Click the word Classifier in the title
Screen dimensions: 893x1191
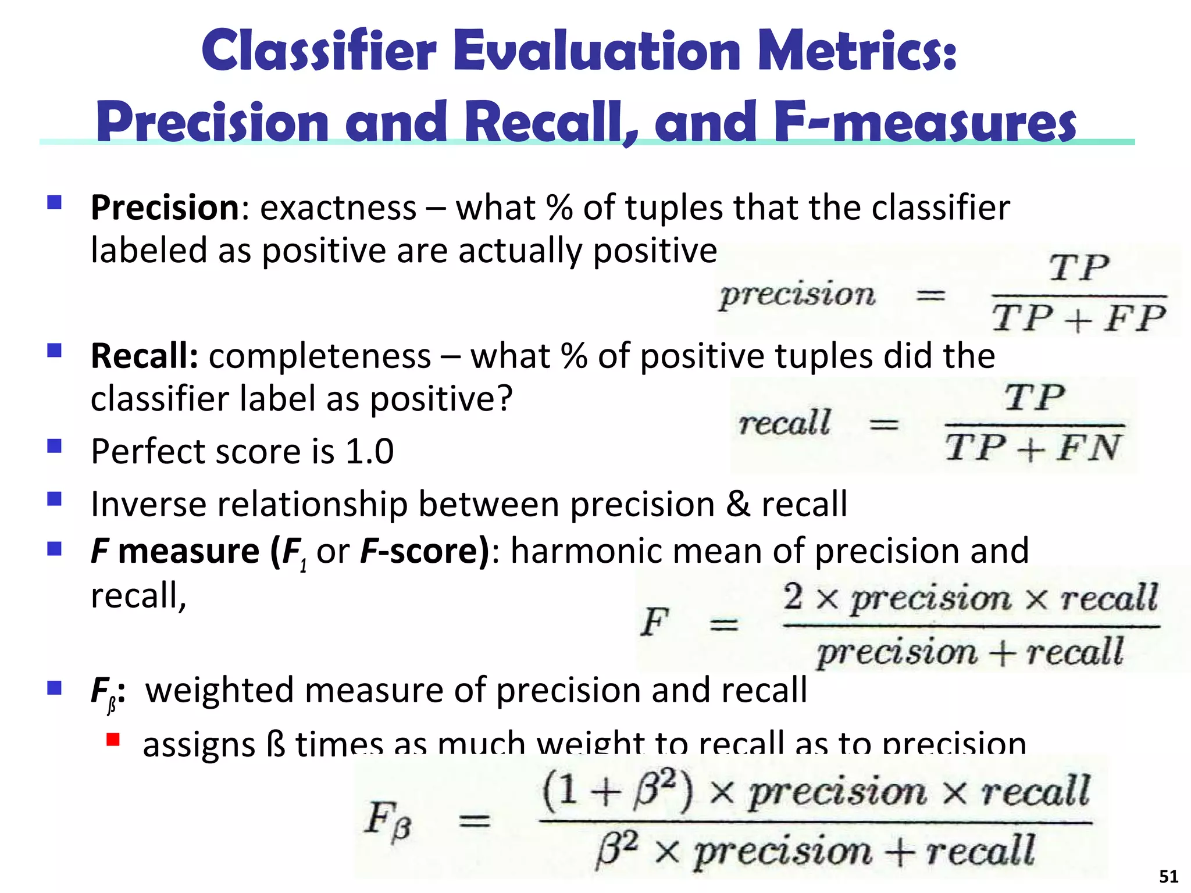[319, 51]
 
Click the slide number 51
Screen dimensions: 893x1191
[1168, 876]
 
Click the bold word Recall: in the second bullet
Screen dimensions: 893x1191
[145, 356]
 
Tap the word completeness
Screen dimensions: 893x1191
[320, 356]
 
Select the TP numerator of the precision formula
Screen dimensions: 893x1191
[1079, 269]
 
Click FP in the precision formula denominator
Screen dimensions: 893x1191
[1135, 319]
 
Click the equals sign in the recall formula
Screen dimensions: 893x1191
[883, 425]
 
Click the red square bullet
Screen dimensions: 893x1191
[113, 740]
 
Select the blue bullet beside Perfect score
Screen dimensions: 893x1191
[55, 446]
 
